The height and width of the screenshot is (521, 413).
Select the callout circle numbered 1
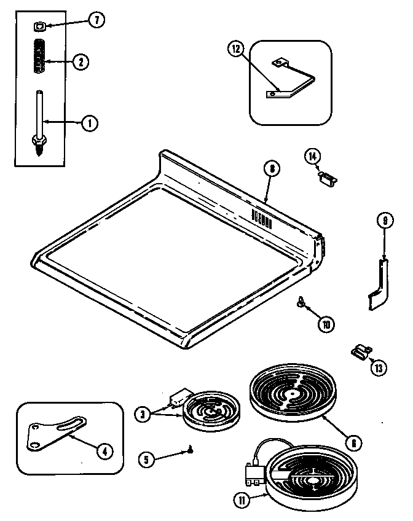[x=90, y=123]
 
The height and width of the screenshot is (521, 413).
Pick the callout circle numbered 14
[x=313, y=157]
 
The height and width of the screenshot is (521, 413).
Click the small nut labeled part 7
[x=38, y=26]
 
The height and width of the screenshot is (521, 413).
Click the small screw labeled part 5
[x=192, y=452]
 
